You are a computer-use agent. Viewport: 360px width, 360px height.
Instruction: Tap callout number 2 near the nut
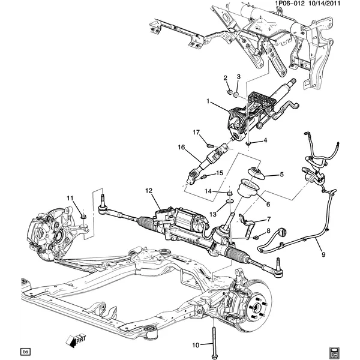pos(226,79)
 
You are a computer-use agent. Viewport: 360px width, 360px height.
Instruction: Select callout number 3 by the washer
pos(238,77)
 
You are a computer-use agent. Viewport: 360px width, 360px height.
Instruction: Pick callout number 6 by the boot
pos(268,204)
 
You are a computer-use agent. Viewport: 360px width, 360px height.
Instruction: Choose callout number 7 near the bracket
pos(268,219)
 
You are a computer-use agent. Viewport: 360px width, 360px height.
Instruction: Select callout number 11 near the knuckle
pos(70,198)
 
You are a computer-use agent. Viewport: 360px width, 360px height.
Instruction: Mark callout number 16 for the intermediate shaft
pos(180,147)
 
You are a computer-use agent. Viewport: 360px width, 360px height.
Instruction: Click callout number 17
pos(196,132)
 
